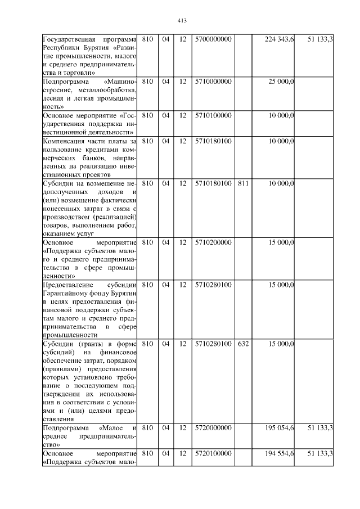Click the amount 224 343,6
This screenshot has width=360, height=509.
point(279,39)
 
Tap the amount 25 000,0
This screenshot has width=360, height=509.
point(281,82)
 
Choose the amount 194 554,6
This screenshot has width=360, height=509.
point(279,453)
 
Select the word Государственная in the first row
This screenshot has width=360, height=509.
point(70,39)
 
